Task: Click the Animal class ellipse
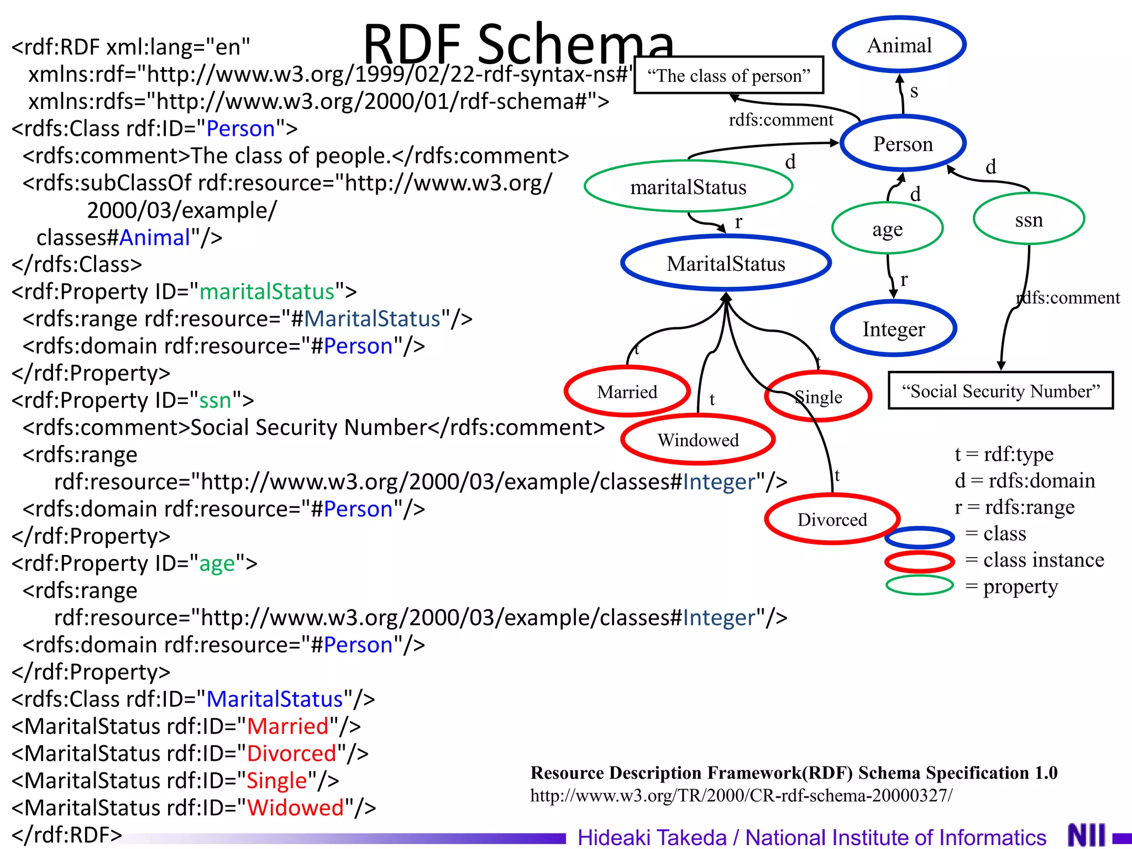tap(899, 45)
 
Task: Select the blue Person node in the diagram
tap(903, 144)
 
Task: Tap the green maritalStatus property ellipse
tap(688, 187)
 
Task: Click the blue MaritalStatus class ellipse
tap(726, 264)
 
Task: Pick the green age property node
tap(887, 229)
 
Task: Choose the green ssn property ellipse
tap(1029, 219)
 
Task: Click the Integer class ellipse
tap(893, 329)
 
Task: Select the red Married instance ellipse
tap(627, 392)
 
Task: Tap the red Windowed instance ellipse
tap(698, 440)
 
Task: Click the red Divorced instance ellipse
tap(832, 520)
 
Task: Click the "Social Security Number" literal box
tap(1000, 391)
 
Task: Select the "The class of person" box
tap(729, 75)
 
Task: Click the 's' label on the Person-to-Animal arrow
tap(914, 91)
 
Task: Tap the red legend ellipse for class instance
tap(919, 562)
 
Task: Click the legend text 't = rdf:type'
tap(1004, 454)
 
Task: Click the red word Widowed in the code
tap(295, 808)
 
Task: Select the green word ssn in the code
tap(215, 400)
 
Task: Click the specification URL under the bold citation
tap(741, 795)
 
